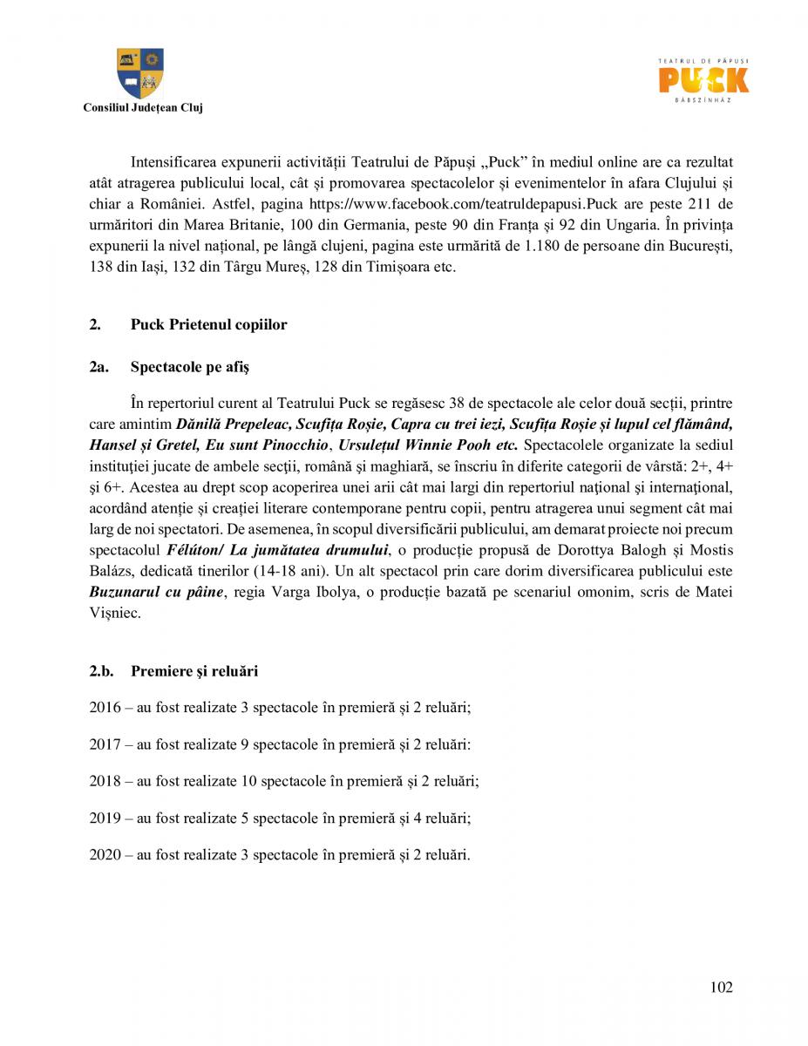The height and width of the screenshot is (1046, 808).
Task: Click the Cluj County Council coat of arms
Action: [140, 73]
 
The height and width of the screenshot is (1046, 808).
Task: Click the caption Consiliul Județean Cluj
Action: [142, 108]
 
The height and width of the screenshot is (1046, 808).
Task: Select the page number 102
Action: [721, 987]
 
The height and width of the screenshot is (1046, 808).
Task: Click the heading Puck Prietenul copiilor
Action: [208, 324]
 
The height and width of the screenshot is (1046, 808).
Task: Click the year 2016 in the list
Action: [105, 708]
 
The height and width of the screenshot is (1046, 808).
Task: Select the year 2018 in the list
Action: [105, 781]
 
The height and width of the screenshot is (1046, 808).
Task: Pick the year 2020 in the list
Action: [105, 854]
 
